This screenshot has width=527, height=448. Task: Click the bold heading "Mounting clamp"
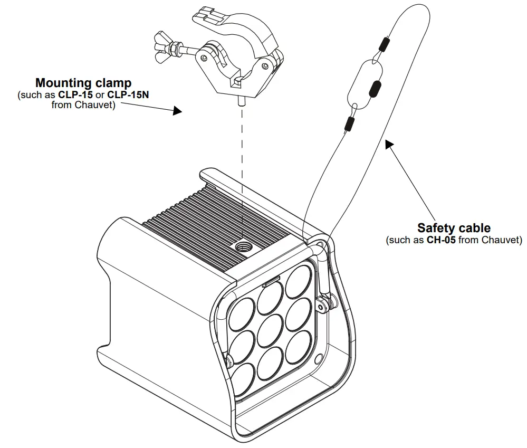(83, 83)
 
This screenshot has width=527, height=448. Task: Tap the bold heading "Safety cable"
(454, 228)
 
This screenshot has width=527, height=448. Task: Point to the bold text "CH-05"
(441, 240)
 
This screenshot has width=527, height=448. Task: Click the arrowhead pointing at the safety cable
(388, 144)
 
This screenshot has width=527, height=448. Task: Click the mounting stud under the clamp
(240, 100)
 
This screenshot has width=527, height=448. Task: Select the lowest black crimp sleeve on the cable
(348, 124)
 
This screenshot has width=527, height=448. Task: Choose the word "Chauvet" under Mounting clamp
(98, 104)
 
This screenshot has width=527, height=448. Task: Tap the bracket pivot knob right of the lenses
(322, 302)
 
